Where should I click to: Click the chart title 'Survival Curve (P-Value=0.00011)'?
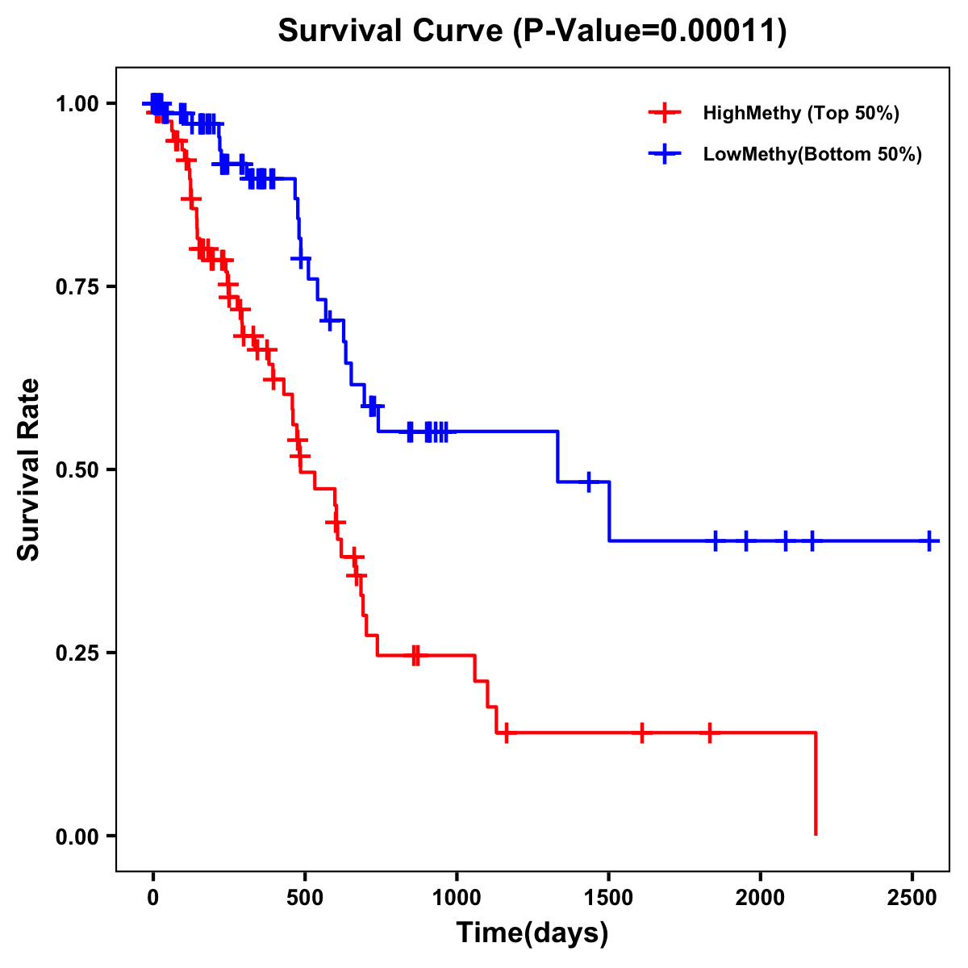pos(532,31)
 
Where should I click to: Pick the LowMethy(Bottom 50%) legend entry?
pos(812,154)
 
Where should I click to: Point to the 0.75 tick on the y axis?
pos(77,286)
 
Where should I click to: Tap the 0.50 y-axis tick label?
pos(77,469)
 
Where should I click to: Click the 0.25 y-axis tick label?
pos(77,653)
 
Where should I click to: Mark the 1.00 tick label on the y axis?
pos(77,103)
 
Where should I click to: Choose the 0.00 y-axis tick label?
pos(77,836)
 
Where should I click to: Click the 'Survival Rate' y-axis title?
pos(29,469)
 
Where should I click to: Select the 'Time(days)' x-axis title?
pos(532,933)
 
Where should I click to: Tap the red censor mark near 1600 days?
pos(642,733)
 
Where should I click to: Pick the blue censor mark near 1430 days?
pos(589,482)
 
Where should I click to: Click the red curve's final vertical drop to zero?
pos(816,782)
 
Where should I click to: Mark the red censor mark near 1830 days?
pos(710,733)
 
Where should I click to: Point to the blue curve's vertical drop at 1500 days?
pos(609,511)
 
